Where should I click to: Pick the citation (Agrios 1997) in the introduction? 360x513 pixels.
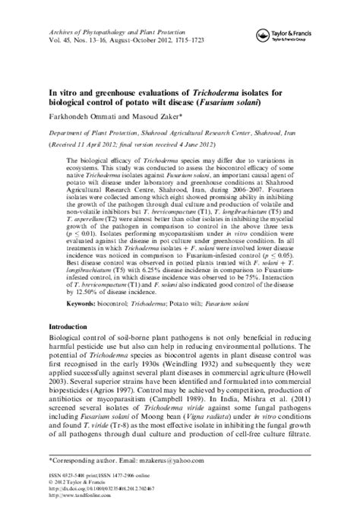(x=129, y=408)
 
